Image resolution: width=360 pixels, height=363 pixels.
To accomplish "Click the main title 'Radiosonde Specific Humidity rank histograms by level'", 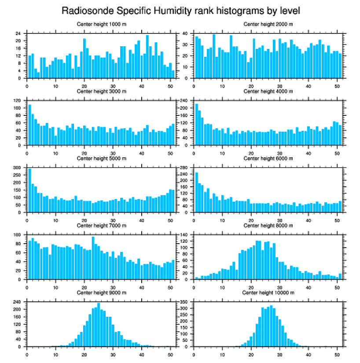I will point(180,10).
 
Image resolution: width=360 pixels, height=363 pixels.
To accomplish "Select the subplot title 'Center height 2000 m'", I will point(268,24).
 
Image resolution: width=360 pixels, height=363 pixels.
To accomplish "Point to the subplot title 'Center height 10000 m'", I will point(268,293).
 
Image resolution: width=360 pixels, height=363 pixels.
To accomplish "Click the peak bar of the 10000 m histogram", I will point(271,326).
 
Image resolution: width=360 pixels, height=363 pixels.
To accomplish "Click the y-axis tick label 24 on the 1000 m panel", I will point(18,33).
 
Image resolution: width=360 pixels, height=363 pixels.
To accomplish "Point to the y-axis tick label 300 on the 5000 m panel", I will point(17,168).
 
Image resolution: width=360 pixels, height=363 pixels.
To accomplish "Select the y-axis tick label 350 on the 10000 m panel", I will point(184,302).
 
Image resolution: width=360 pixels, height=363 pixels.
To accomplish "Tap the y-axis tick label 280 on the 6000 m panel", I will point(184,168).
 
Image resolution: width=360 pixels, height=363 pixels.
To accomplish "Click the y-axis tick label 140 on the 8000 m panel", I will point(184,235).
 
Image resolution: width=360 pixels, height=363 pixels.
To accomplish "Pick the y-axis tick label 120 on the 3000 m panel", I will point(17,100).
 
